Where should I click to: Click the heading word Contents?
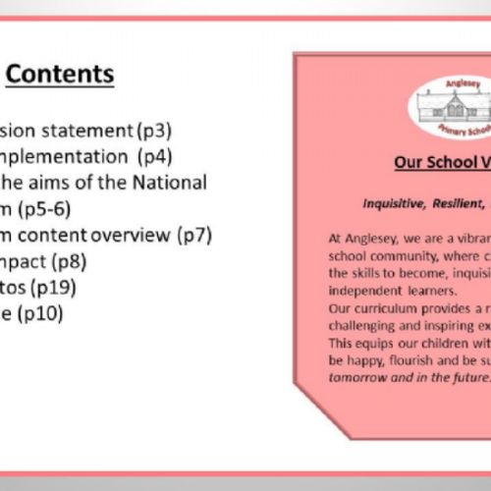67,75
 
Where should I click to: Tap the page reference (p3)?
165,130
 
